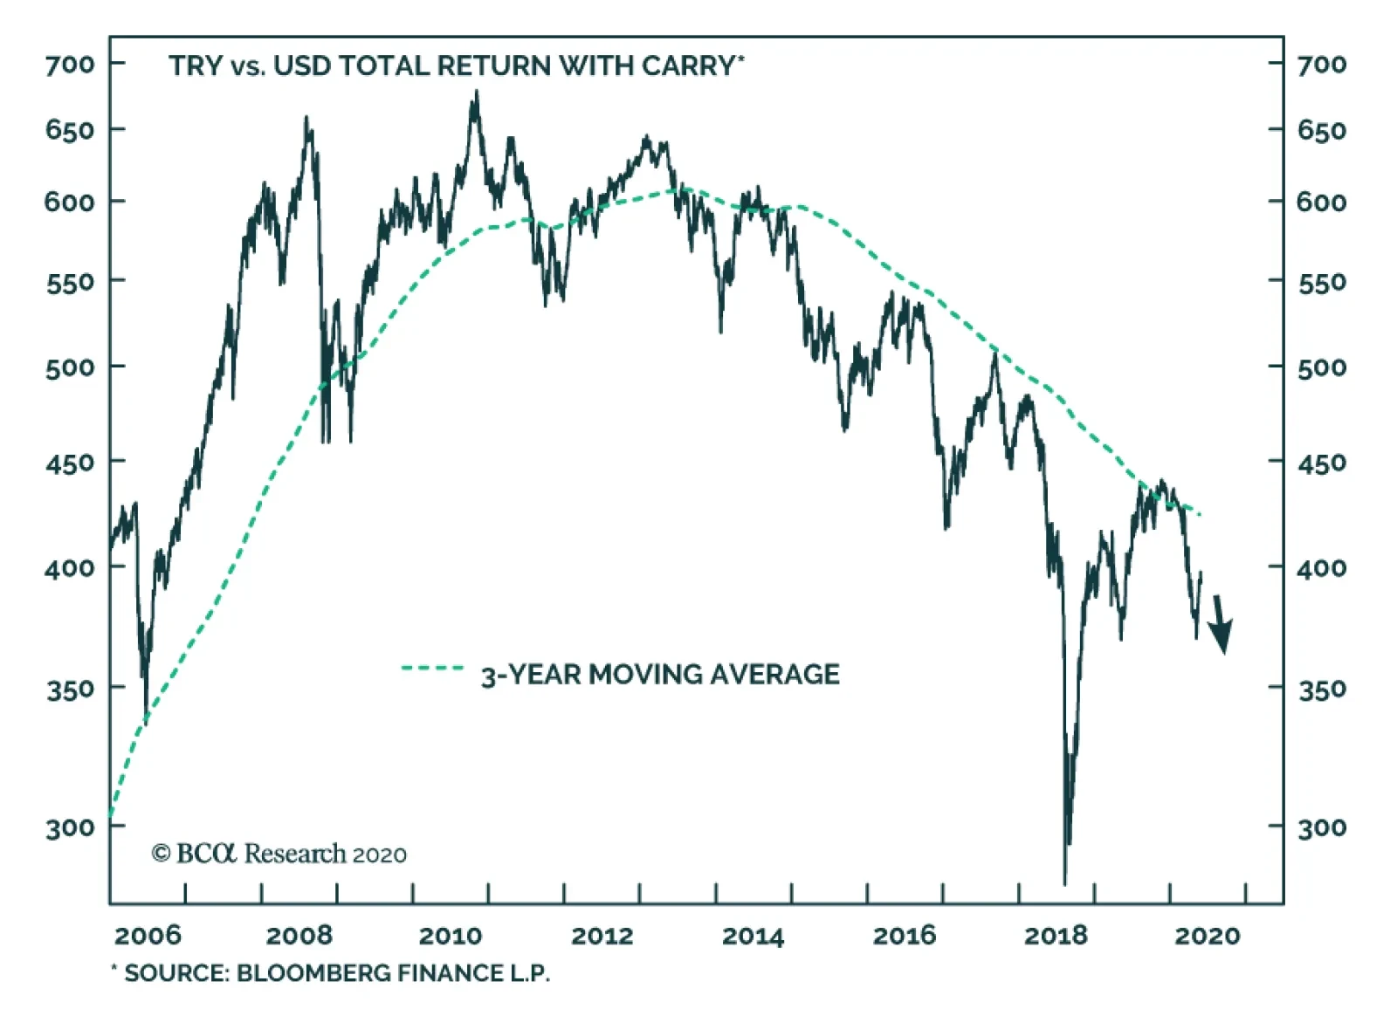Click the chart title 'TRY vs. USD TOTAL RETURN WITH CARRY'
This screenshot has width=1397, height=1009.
click(x=455, y=66)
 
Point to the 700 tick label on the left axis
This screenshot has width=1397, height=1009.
click(x=70, y=65)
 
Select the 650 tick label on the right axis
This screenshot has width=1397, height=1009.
click(x=1322, y=131)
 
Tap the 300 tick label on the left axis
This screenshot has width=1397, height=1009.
click(x=70, y=827)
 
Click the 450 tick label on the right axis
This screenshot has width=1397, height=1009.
click(x=1322, y=463)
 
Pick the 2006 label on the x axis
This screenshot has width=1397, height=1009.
click(x=148, y=936)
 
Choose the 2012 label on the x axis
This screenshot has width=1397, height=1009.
click(x=602, y=936)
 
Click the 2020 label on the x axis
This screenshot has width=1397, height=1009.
click(x=1208, y=936)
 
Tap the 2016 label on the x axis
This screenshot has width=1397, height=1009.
click(x=905, y=936)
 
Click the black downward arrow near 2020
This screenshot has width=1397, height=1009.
click(x=1221, y=625)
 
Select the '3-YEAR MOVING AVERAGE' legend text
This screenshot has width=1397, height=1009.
click(x=660, y=675)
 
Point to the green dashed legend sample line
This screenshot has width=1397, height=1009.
click(x=432, y=669)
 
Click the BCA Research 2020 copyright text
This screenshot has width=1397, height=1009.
click(x=279, y=854)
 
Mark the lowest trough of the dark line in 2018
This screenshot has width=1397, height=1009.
click(x=1065, y=882)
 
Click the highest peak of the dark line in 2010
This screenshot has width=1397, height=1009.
click(x=476, y=92)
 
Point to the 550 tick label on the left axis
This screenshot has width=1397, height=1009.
click(x=70, y=283)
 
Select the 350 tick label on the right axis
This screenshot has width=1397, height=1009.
click(x=1322, y=690)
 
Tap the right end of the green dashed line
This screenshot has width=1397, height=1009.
click(x=1201, y=514)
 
